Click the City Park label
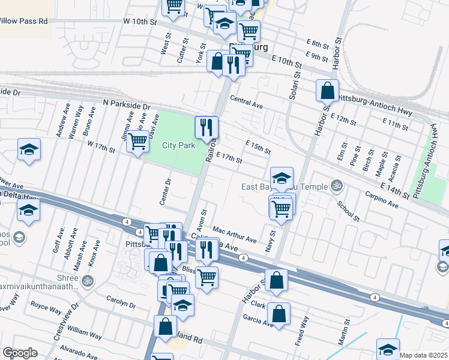tap(179, 146)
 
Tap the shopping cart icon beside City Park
tap(138, 142)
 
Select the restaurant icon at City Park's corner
tap(206, 127)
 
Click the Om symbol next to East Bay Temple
tap(336, 187)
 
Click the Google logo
tap(20, 353)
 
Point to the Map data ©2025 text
tap(423, 355)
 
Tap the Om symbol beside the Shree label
tap(88, 280)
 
